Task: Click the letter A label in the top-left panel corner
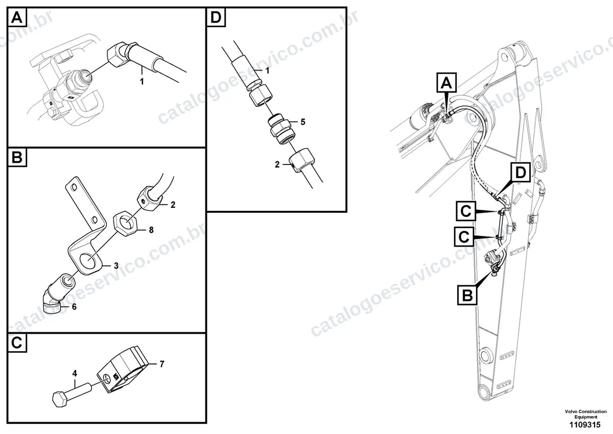pos(17,17)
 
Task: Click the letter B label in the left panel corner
pos(17,158)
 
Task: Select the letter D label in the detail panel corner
pos(216,17)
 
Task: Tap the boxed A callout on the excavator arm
pos(446,82)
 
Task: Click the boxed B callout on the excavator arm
pos(467,295)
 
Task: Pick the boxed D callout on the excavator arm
pos(520,173)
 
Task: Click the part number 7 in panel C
pos(162,364)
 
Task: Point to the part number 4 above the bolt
pos(75,373)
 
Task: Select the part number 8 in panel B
pos(151,230)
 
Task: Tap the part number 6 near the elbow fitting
pos(74,306)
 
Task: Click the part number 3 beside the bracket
pos(116,266)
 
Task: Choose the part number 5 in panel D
pos(302,122)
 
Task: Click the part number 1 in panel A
pos(142,81)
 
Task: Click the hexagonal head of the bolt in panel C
pos(59,400)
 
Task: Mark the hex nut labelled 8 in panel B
pos(126,225)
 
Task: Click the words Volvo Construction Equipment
pos(585,414)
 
